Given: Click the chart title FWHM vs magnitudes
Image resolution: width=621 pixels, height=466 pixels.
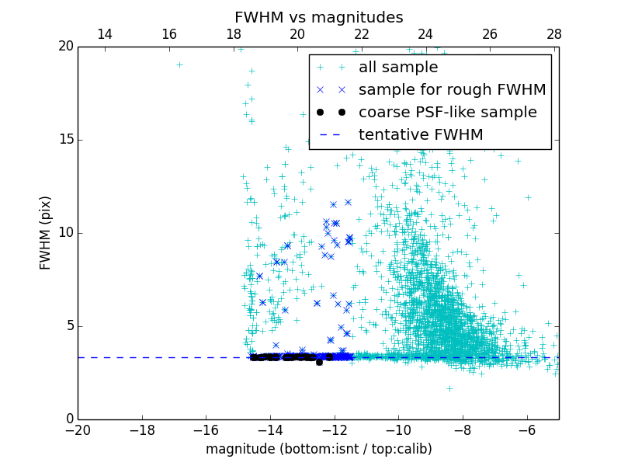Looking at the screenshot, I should pyautogui.click(x=318, y=17).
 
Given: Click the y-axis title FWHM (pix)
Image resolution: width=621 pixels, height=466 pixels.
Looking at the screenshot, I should pyautogui.click(x=46, y=233).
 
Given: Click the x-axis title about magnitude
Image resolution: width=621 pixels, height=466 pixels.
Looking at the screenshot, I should pyautogui.click(x=318, y=449).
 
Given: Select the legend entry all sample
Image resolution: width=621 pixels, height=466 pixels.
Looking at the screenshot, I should pyautogui.click(x=397, y=68).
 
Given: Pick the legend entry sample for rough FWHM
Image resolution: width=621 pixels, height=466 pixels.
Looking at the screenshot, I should pyautogui.click(x=452, y=90).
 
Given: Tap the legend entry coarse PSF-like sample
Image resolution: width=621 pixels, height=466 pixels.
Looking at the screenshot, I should pyautogui.click(x=447, y=113).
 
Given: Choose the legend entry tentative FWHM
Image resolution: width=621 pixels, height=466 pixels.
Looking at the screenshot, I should pyautogui.click(x=420, y=135).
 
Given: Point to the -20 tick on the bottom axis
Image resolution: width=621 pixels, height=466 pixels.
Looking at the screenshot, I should pyautogui.click(x=78, y=430).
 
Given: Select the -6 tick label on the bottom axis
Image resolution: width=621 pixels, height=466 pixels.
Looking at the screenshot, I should pyautogui.click(x=526, y=430).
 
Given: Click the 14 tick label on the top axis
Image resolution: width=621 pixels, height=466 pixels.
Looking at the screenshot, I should pyautogui.click(x=104, y=34).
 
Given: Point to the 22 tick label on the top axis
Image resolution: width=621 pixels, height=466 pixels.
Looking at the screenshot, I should pyautogui.click(x=361, y=34).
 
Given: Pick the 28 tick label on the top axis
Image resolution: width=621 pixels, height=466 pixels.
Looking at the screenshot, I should pyautogui.click(x=553, y=34).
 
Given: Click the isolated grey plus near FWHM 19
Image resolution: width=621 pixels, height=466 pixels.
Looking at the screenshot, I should pyautogui.click(x=179, y=64).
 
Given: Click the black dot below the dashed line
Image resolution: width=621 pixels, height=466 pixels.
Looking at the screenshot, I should pyautogui.click(x=319, y=362).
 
